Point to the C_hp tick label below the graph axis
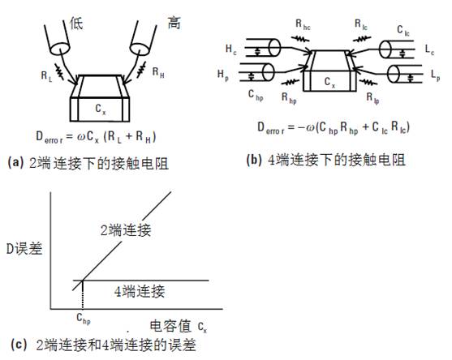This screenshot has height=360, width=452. tap(84, 319)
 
